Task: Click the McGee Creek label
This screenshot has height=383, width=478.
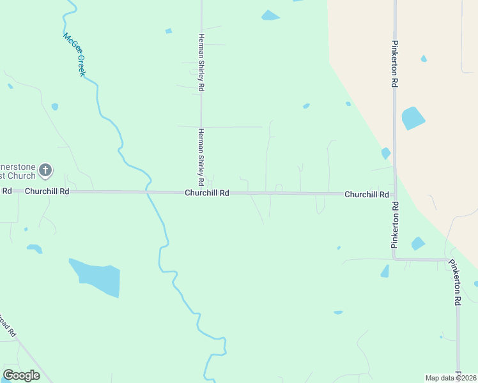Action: pyautogui.click(x=73, y=54)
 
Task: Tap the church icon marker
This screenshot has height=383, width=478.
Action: pyautogui.click(x=45, y=170)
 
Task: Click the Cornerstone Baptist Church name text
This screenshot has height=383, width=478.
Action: pyautogui.click(x=18, y=170)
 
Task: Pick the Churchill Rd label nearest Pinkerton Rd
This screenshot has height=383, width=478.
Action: pyautogui.click(x=366, y=194)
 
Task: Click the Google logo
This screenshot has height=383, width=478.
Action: pyautogui.click(x=21, y=375)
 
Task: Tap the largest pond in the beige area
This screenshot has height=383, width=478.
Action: pyautogui.click(x=413, y=118)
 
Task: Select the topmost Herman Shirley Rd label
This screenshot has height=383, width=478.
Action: pyautogui.click(x=201, y=63)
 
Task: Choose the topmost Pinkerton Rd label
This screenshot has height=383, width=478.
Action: pyautogui.click(x=395, y=64)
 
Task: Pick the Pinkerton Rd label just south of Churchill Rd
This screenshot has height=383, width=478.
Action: pyautogui.click(x=395, y=225)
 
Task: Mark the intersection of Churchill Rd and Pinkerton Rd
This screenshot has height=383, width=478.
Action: pyautogui.click(x=395, y=194)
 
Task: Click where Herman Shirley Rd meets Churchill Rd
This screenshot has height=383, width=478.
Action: pyautogui.click(x=201, y=192)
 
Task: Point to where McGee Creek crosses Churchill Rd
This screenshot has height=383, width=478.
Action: pyautogui.click(x=148, y=191)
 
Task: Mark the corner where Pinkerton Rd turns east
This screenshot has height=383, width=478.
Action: pyautogui.click(x=395, y=259)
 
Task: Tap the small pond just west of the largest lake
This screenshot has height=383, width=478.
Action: pyautogui.click(x=35, y=248)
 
